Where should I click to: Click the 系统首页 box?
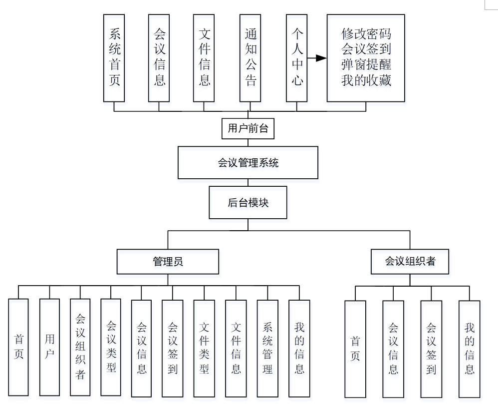pos(114,58)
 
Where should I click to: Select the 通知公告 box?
pos(250,58)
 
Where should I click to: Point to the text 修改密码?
pos(366,34)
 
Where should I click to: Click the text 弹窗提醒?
pos(366,65)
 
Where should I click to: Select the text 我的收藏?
pos(366,80)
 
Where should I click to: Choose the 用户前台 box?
pos(248,128)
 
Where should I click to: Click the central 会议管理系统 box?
pos(248,162)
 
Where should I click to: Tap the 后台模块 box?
pos(248,203)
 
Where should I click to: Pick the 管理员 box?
pos(168,262)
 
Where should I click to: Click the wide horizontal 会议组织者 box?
pos(410,261)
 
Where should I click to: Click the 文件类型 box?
pos(204,348)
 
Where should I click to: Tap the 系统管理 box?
pos(267,348)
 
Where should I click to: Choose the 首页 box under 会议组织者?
pos(355,348)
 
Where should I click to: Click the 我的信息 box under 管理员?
pos(299,348)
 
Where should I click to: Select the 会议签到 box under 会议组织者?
pos(431,348)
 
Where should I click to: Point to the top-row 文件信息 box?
pos(204,58)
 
